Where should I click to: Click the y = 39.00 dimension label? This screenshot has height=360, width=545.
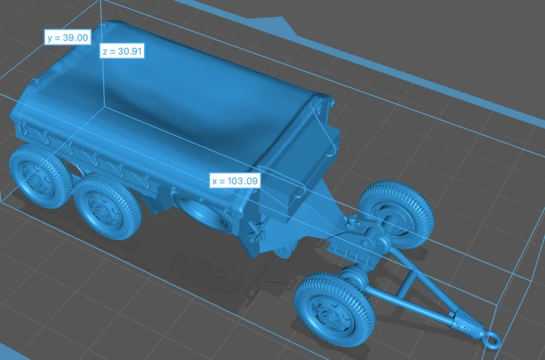(x=68, y=37)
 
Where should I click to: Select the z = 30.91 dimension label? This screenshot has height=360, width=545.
(x=122, y=51)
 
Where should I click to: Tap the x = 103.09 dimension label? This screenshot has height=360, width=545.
(x=235, y=181)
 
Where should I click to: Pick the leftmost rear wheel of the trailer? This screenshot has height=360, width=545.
(x=39, y=176)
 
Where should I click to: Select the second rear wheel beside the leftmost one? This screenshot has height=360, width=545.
(x=107, y=207)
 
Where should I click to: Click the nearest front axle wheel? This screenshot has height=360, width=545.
(x=334, y=310)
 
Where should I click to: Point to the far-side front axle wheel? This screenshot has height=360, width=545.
(x=397, y=213)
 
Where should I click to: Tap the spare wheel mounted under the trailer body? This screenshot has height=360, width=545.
(x=202, y=213)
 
